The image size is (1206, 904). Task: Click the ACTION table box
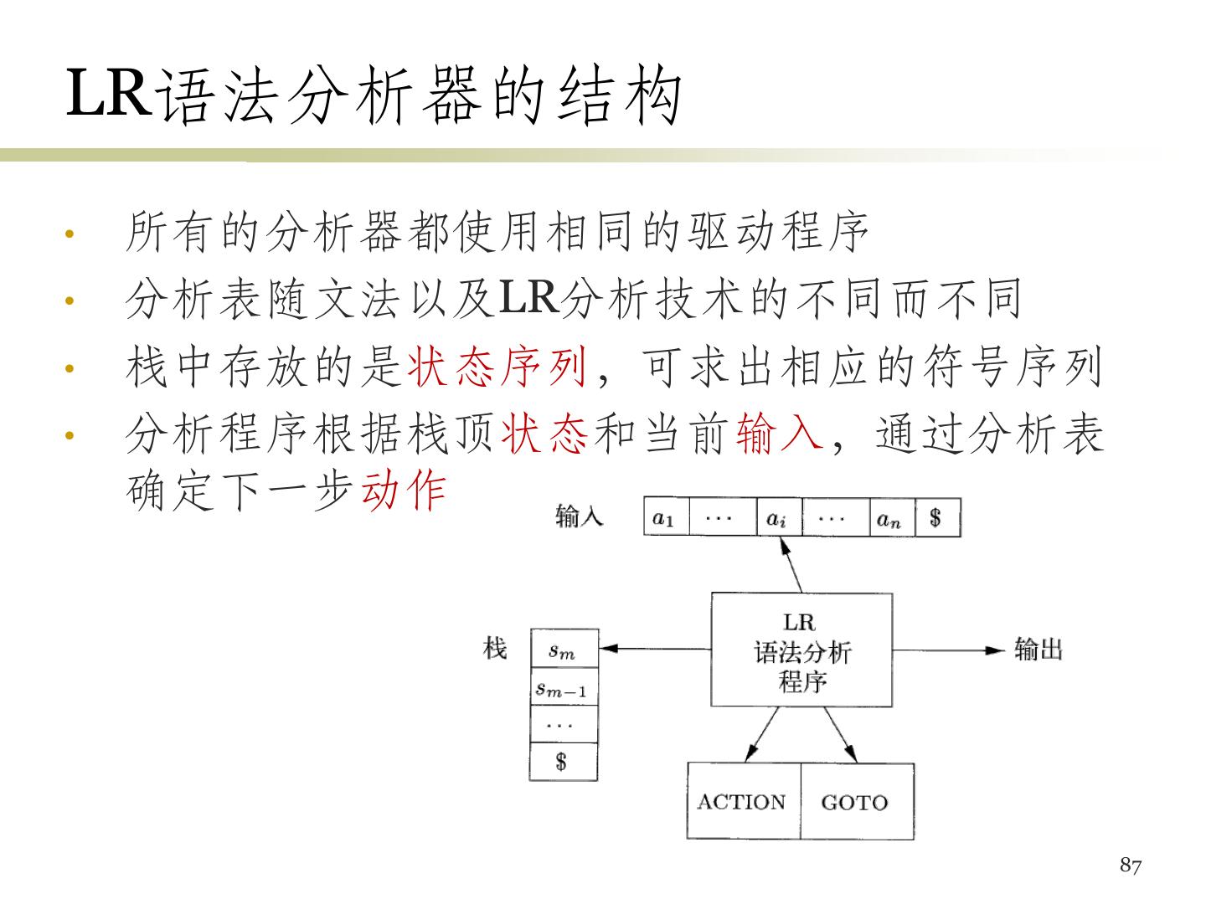tap(743, 801)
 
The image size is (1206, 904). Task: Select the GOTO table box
tap(856, 801)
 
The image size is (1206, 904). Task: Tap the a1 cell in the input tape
tap(664, 518)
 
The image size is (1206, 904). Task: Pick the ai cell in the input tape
tap(778, 518)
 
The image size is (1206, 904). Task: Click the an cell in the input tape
tap(889, 518)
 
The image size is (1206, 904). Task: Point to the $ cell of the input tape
tap(936, 518)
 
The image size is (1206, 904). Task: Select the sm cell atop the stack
tap(563, 649)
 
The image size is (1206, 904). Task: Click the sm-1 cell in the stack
tap(563, 687)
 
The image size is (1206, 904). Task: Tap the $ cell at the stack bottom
tap(563, 762)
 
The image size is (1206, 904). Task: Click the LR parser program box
tap(801, 650)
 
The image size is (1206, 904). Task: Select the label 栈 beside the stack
tap(496, 647)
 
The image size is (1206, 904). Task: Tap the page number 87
tap(1131, 865)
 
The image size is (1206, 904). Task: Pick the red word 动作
tap(404, 489)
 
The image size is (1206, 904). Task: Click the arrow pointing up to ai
tap(791, 565)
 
